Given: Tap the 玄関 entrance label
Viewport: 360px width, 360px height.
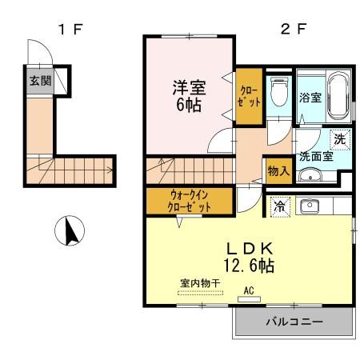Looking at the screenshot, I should tap(39, 80).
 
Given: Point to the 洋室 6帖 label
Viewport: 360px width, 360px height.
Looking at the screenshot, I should tap(186, 94).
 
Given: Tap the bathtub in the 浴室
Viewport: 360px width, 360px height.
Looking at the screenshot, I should tap(337, 94).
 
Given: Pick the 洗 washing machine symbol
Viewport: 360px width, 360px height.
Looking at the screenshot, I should tap(340, 138).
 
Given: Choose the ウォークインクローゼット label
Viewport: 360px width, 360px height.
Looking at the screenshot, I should tap(190, 200).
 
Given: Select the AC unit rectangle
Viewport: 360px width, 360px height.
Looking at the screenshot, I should tap(248, 298).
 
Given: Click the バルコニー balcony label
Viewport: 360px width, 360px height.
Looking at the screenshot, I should tap(294, 322).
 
